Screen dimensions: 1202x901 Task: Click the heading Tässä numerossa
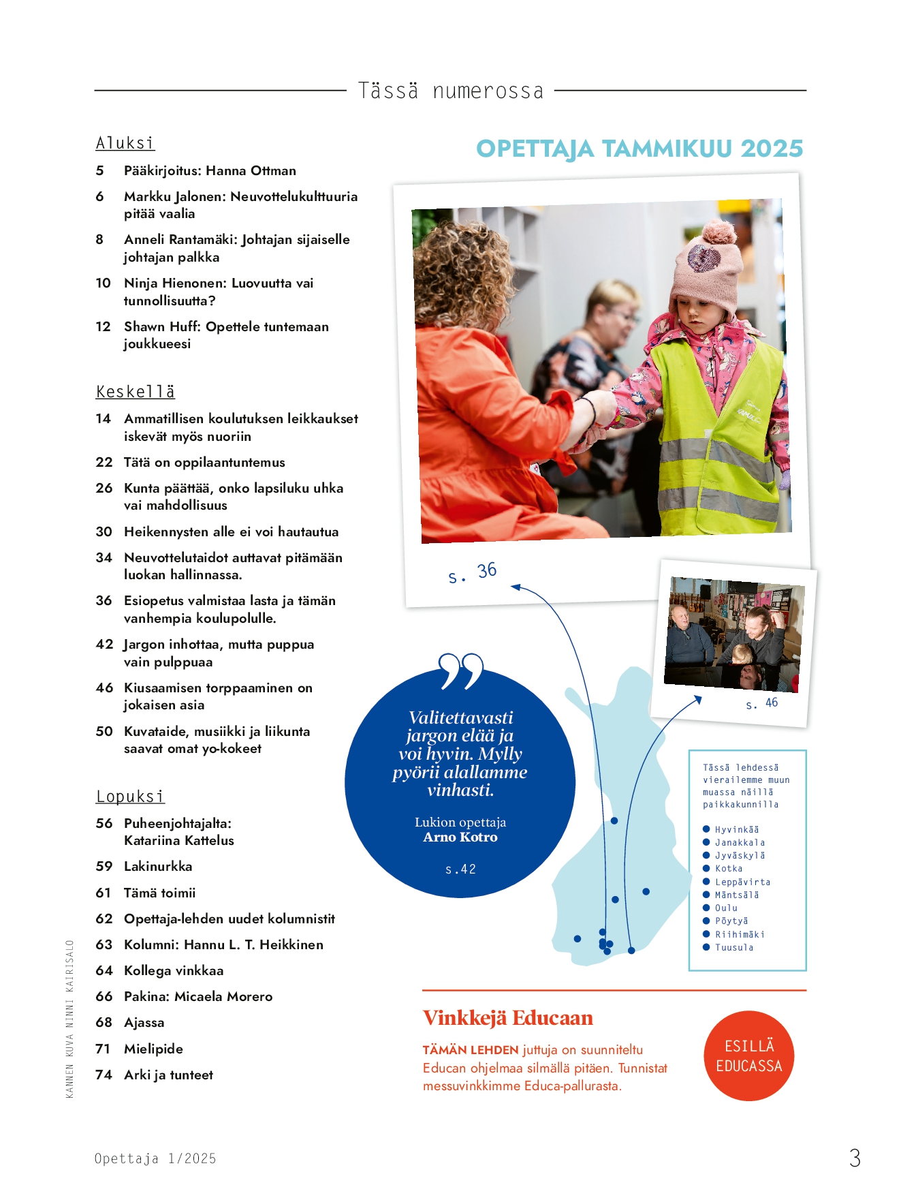450,91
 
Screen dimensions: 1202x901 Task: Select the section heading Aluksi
125,143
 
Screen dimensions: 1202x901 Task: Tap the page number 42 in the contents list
104,645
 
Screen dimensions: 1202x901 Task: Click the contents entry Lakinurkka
158,867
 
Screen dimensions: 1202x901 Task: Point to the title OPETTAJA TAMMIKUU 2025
639,149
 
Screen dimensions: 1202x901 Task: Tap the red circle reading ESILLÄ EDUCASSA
748,1055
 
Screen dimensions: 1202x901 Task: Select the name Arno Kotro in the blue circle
460,837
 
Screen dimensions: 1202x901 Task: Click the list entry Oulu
726,908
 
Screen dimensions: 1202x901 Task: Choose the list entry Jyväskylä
740,856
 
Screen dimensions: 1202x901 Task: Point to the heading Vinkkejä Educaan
507,1018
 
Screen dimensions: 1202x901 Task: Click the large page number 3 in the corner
855,1158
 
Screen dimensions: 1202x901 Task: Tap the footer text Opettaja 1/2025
155,1159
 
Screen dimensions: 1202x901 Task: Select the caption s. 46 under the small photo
761,703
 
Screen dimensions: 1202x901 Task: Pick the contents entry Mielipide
153,1049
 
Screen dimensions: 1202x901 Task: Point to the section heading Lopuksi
130,797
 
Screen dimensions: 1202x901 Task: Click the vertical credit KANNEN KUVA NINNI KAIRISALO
69,1019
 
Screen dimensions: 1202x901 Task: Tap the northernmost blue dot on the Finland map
614,821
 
